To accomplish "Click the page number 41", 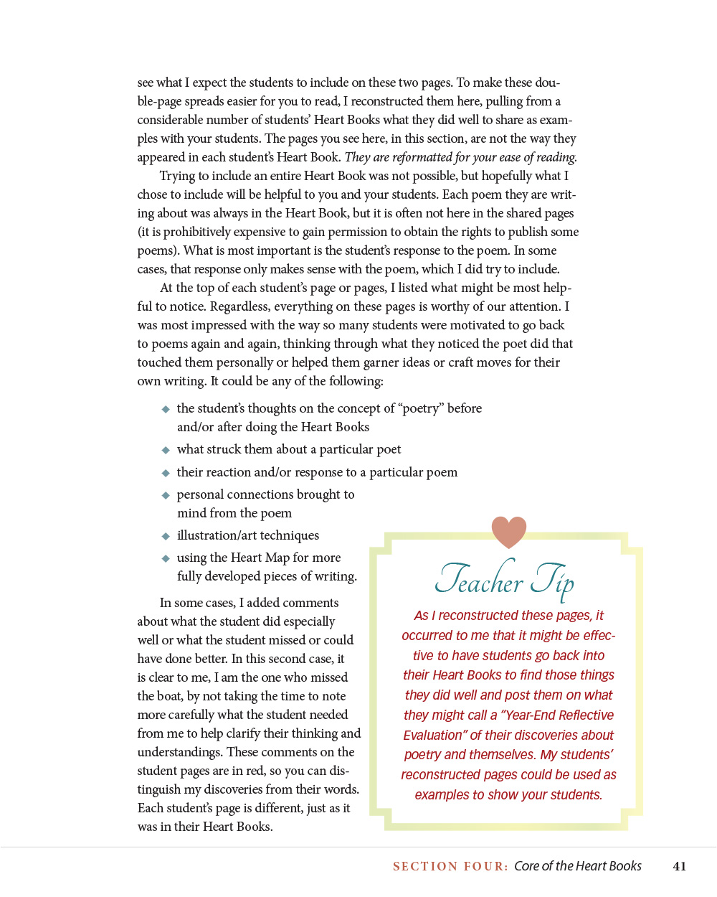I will [x=679, y=866].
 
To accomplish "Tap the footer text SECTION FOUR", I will [x=450, y=866].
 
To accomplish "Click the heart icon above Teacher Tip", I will [x=509, y=532].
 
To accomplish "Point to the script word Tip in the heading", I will [x=553, y=580].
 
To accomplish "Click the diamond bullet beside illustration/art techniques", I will [x=166, y=536].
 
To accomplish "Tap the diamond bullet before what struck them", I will [x=166, y=450].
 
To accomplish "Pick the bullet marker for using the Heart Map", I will [x=166, y=558].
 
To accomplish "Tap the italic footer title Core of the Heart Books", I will [x=577, y=866].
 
